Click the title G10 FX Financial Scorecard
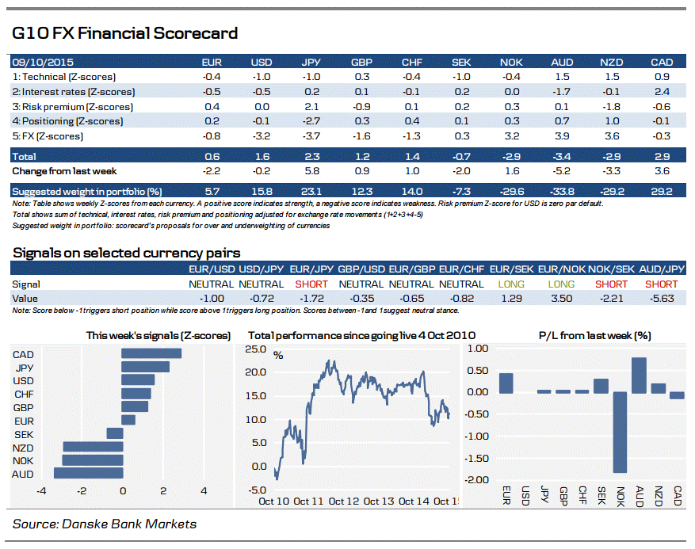(x=124, y=33)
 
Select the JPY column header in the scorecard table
(x=311, y=62)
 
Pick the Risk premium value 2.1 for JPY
(x=311, y=106)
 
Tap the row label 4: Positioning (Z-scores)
(x=68, y=121)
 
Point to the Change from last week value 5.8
(x=311, y=171)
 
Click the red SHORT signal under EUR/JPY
(x=311, y=284)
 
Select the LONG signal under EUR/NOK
(x=561, y=284)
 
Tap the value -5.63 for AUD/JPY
(x=662, y=298)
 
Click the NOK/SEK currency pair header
(x=611, y=270)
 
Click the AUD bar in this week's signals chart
(x=88, y=473)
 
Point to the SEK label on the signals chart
(x=24, y=433)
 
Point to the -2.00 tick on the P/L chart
(x=478, y=480)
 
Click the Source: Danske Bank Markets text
(x=105, y=524)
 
